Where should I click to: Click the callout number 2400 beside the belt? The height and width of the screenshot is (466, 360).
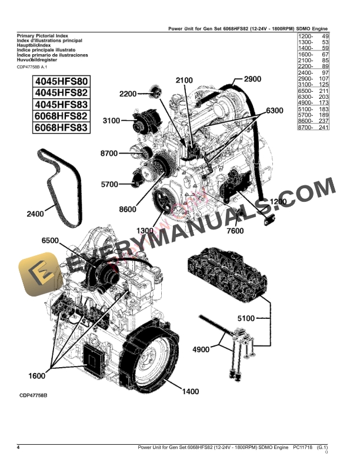pyautogui.click(x=35, y=215)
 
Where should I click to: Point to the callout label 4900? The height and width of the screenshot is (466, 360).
pyautogui.click(x=201, y=349)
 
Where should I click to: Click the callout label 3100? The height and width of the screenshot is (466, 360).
pyautogui.click(x=112, y=121)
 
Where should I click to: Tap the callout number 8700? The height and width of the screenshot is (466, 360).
pyautogui.click(x=110, y=153)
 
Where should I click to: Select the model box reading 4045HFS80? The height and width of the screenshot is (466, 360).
pyautogui.click(x=52, y=82)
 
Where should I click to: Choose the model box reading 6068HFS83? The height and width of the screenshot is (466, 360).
pyautogui.click(x=52, y=127)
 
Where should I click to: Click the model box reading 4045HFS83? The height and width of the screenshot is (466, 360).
pyautogui.click(x=52, y=104)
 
